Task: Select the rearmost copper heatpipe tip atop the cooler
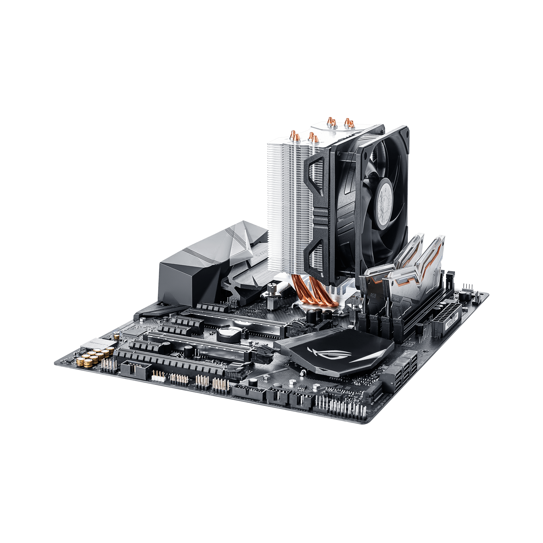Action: tap(348, 121)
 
